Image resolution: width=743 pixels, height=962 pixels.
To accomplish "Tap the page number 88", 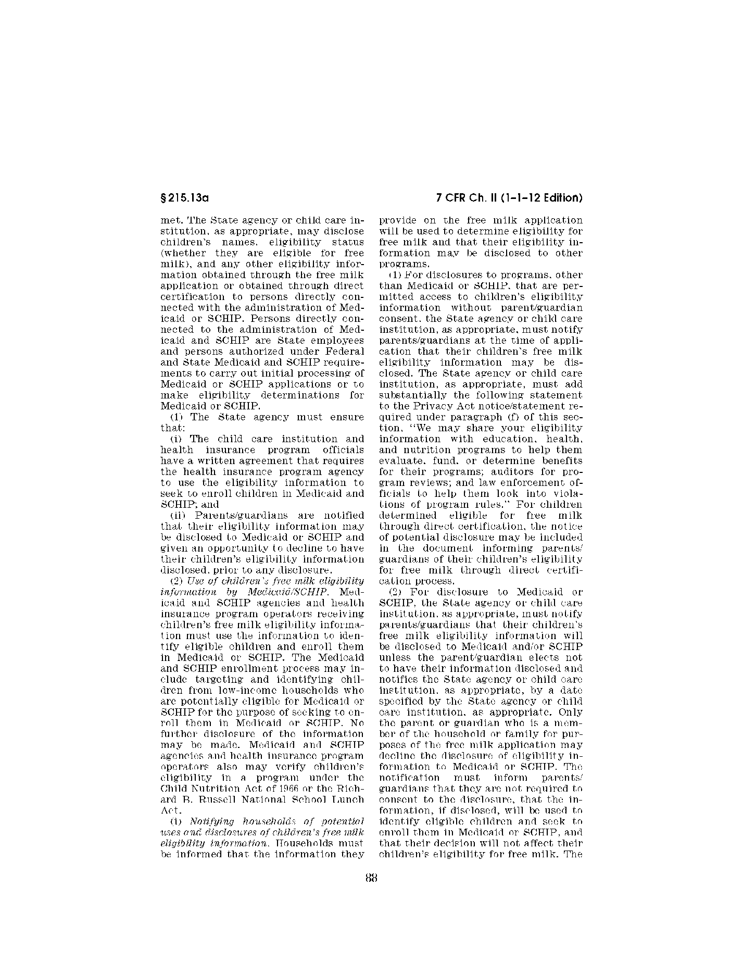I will [x=371, y=878].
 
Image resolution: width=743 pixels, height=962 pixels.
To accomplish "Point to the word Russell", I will [x=208, y=799].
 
